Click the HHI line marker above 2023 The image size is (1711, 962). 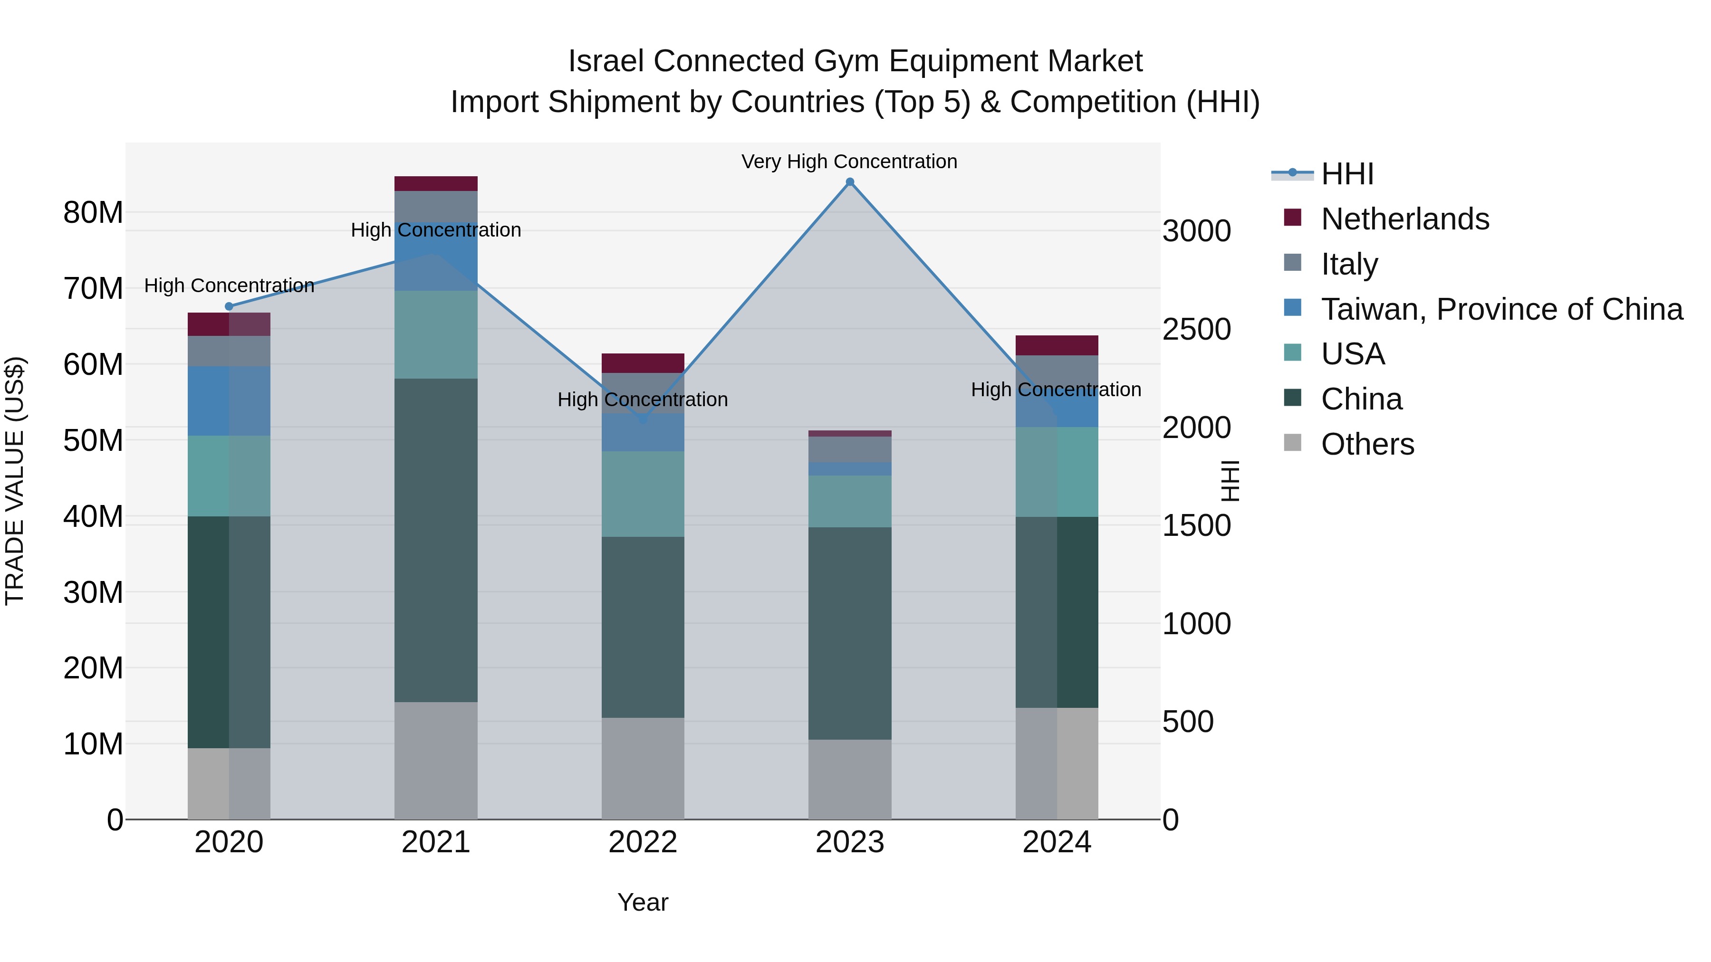point(849,182)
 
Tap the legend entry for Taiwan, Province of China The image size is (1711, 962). point(1501,309)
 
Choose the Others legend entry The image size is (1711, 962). point(1367,444)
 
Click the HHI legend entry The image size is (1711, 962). point(1347,174)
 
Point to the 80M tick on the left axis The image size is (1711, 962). point(93,213)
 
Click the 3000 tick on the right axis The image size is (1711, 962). point(1196,231)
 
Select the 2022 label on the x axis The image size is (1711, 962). point(642,842)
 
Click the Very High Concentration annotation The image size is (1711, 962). point(849,162)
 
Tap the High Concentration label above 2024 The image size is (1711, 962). point(1056,390)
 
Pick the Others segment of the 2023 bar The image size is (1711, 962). point(849,780)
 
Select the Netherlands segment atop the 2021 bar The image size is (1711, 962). point(436,184)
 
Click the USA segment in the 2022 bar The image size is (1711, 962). point(642,494)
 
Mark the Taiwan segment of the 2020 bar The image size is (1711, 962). point(229,401)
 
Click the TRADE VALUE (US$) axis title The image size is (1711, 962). point(15,481)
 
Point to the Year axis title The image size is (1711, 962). point(642,902)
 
